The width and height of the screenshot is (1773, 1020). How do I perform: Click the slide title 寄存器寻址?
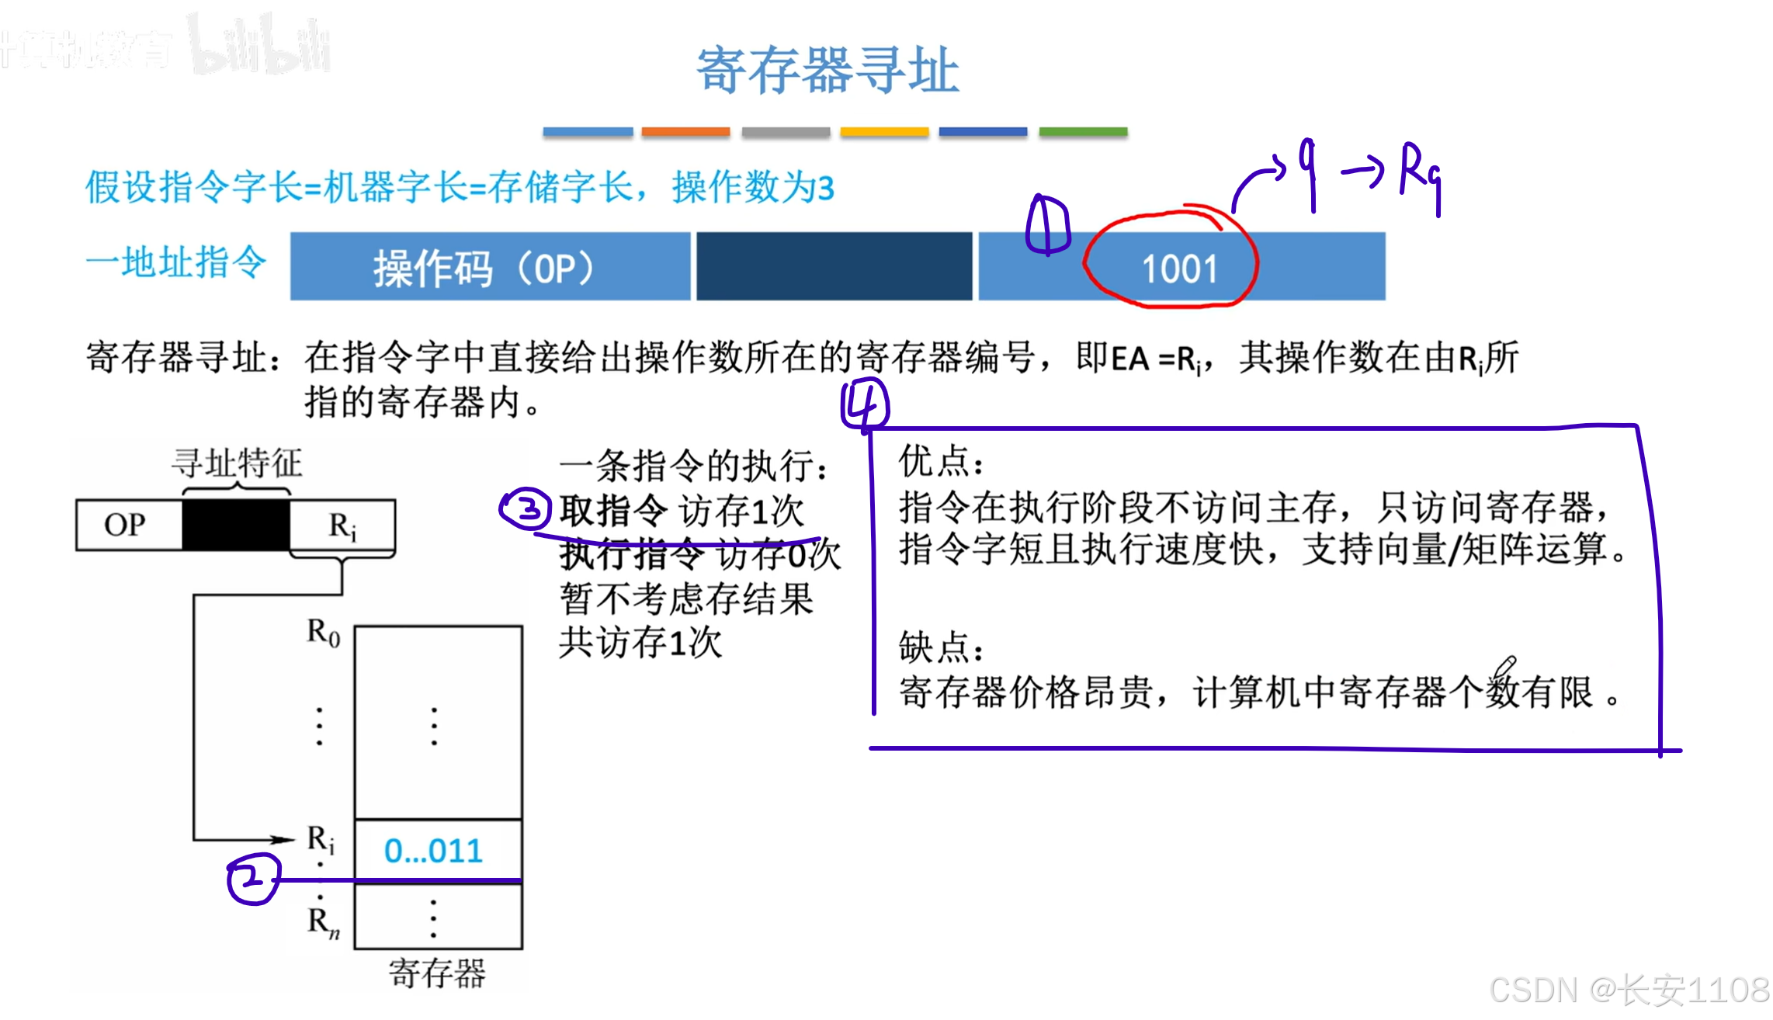(828, 70)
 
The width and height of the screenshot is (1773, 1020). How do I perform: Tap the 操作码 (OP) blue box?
(489, 267)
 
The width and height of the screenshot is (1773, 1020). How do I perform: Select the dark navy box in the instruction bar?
(834, 266)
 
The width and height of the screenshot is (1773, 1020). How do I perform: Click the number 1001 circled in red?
(1179, 269)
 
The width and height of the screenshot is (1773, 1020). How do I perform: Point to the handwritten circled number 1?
(1047, 225)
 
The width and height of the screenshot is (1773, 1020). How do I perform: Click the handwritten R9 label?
(1419, 172)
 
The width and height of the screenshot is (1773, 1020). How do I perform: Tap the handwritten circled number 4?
(865, 404)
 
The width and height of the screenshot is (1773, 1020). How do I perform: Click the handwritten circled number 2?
(252, 879)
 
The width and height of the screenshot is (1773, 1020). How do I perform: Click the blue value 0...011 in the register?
(433, 852)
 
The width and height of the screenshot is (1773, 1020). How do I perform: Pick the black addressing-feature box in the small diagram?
(236, 525)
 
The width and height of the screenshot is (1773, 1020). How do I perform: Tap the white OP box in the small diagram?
(126, 525)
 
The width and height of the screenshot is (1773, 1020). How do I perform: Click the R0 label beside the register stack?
(323, 633)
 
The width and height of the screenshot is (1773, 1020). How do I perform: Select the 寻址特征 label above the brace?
(237, 463)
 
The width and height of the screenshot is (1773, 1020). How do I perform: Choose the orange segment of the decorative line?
(685, 132)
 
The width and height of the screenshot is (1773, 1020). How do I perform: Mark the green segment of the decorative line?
(1083, 132)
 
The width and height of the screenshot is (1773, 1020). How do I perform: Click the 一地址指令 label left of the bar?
(176, 262)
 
